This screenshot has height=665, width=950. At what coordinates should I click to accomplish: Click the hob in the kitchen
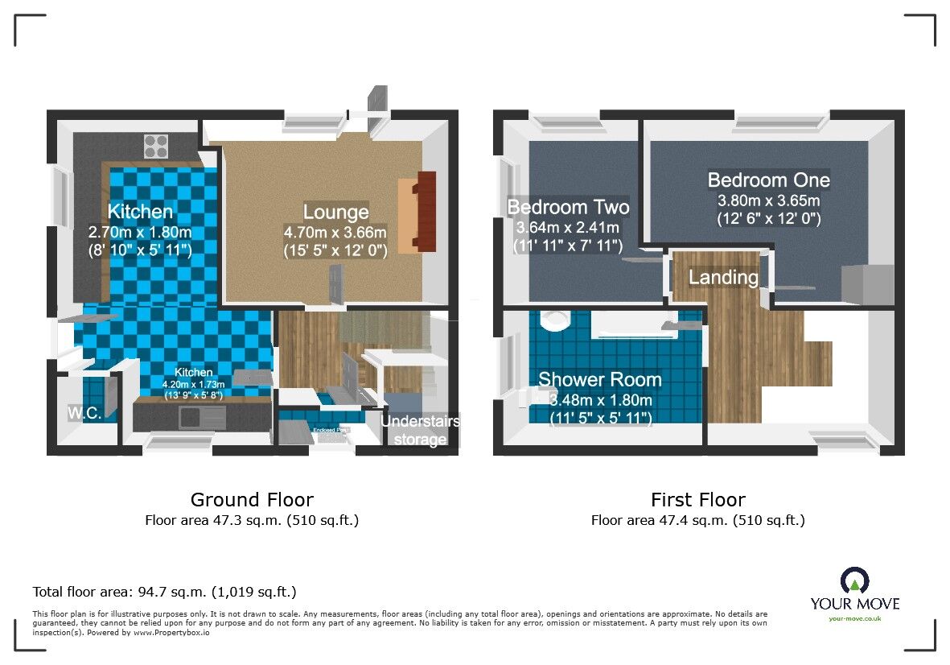(x=155, y=146)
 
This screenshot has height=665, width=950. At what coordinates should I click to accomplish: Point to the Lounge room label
(x=335, y=213)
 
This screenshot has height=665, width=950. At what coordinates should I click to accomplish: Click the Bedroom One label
(x=768, y=180)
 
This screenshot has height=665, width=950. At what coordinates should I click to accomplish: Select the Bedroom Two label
(x=568, y=207)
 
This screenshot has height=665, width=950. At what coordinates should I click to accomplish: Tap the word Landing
(x=723, y=278)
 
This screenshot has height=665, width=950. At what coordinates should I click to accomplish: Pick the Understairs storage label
(x=420, y=430)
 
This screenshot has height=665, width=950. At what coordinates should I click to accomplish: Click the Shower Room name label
(x=599, y=379)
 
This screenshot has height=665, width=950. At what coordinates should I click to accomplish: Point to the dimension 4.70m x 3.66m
(x=335, y=233)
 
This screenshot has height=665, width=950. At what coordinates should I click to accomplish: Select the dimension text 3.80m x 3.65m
(x=768, y=200)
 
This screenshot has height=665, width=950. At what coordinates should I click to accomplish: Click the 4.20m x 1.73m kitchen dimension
(x=194, y=384)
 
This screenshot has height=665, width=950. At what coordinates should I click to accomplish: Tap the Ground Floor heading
(x=252, y=500)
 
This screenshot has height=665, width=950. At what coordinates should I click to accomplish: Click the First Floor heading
(x=697, y=500)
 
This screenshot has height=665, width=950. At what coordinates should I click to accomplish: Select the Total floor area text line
(x=164, y=593)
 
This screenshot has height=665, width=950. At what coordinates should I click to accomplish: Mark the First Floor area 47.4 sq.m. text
(x=697, y=520)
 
